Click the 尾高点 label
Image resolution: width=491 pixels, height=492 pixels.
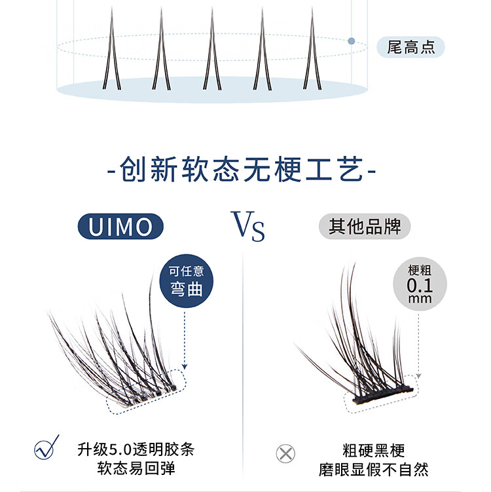[411, 47]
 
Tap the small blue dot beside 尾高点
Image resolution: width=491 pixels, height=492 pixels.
[352, 41]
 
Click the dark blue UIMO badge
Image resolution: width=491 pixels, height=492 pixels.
[120, 227]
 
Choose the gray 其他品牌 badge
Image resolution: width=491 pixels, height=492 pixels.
[365, 227]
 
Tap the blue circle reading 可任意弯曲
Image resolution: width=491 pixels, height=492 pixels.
[187, 281]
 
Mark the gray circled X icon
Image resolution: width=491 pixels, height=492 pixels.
[285, 453]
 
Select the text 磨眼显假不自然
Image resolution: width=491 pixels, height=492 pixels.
[374, 469]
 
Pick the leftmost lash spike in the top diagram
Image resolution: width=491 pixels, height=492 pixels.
[111, 52]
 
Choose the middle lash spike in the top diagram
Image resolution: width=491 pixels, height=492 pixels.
[211, 52]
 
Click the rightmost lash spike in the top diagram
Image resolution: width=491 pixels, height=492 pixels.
[311, 52]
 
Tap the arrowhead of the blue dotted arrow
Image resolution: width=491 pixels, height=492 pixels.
[185, 368]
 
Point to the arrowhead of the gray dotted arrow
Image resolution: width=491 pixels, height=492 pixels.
[419, 377]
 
